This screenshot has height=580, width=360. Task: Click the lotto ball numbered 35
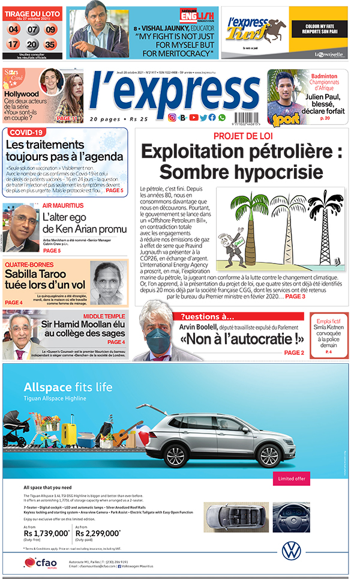(50, 44)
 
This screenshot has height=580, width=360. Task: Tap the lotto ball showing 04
(14, 29)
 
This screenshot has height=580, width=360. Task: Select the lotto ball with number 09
(50, 29)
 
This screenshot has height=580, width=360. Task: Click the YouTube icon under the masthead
(193, 118)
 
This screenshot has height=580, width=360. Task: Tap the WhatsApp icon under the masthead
(222, 118)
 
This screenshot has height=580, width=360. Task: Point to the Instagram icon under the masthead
(172, 118)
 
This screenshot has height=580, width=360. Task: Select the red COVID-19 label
(27, 132)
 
